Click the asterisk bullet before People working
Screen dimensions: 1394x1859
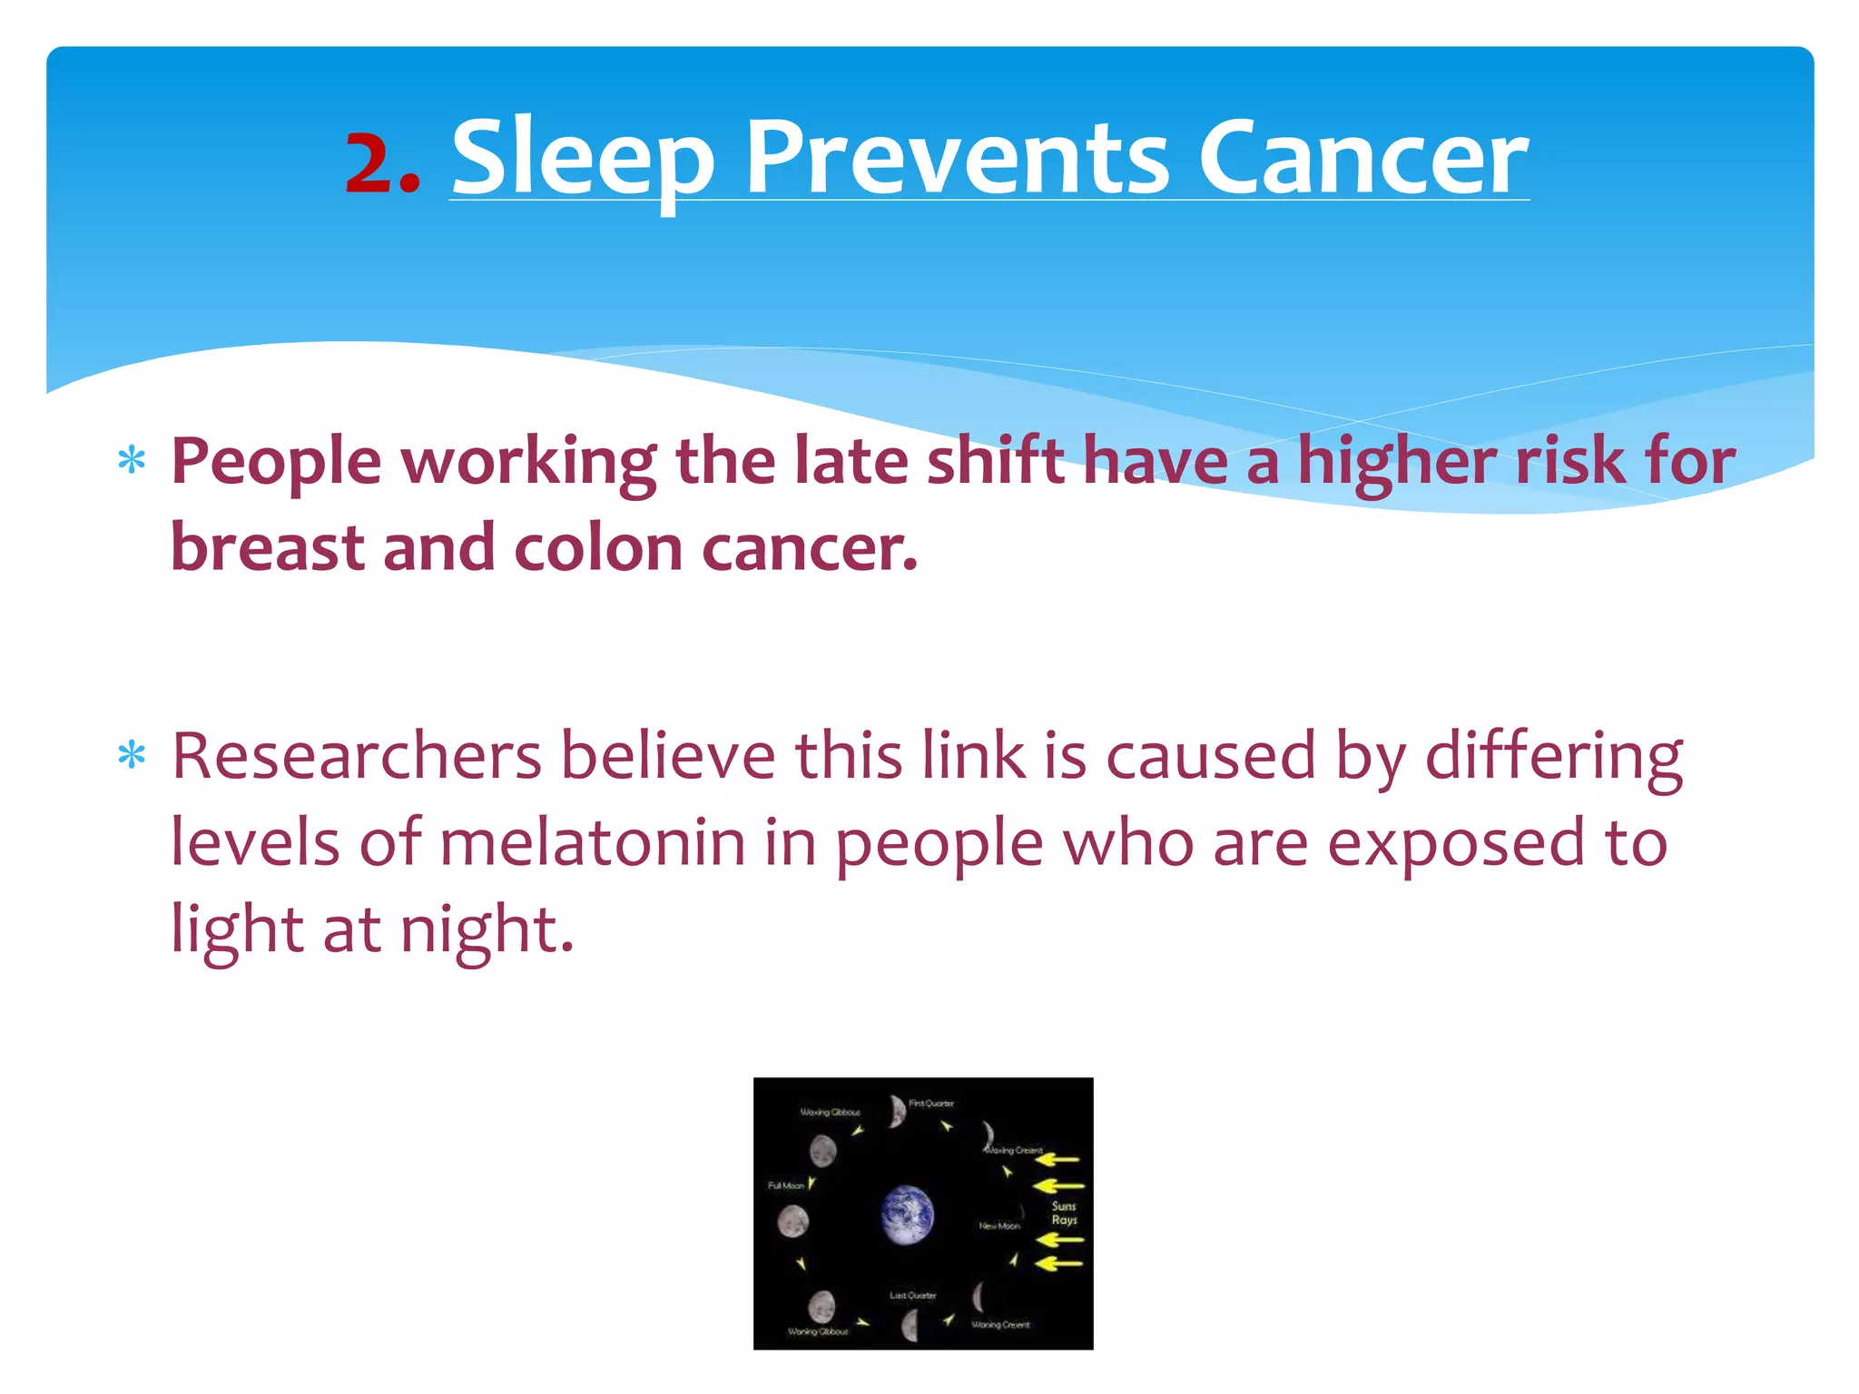pos(132,461)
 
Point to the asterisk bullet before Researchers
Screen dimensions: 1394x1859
pos(132,755)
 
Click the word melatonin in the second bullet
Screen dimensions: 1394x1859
pos(593,842)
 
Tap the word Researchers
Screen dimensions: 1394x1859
pos(357,755)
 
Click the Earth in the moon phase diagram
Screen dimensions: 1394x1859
pos(907,1214)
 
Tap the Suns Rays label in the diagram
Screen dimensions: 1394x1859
pos(1064,1212)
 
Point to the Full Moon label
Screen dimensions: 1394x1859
pos(785,1185)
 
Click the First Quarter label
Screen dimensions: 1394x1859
pos(931,1104)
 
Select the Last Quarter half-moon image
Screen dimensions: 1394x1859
pos(910,1326)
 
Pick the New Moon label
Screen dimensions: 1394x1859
pos(998,1226)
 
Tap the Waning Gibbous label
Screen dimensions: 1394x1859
pos(817,1331)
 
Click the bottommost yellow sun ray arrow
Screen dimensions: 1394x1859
pos(1060,1262)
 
